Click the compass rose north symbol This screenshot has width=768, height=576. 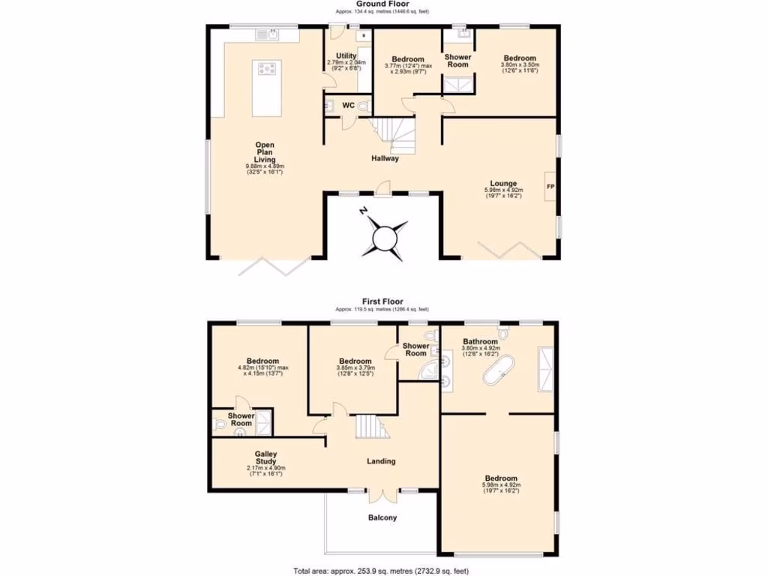click(384, 238)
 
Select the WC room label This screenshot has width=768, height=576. click(348, 106)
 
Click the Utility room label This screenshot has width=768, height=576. click(346, 56)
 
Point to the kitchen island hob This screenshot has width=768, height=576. click(267, 70)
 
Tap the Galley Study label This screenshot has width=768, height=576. click(266, 458)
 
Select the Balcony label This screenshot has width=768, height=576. click(382, 517)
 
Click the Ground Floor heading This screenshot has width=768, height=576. click(383, 4)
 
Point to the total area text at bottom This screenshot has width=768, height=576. click(382, 571)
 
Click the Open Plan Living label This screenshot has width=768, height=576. click(265, 152)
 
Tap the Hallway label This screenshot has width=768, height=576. click(384, 158)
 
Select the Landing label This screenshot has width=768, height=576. click(382, 461)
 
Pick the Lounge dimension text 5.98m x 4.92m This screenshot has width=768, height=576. click(502, 190)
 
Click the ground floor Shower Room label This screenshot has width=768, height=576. click(457, 61)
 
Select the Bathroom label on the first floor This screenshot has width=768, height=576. click(480, 340)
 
